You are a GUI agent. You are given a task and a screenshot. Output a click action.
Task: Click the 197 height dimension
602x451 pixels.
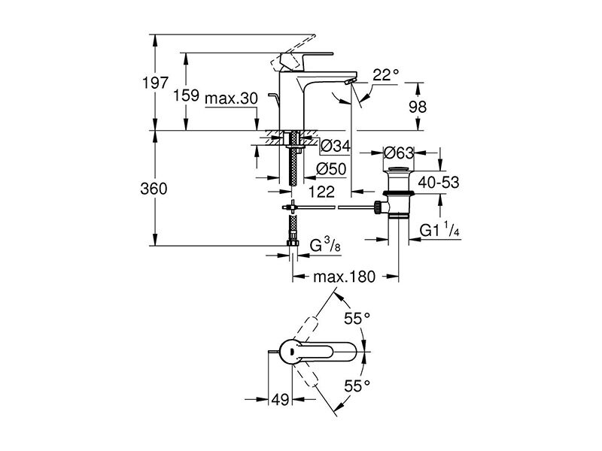(156, 83)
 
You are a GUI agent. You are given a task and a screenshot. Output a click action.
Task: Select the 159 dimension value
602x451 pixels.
(186, 95)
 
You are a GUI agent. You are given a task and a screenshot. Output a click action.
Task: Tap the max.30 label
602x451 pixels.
(232, 99)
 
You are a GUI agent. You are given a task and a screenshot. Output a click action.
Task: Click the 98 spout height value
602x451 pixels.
(418, 107)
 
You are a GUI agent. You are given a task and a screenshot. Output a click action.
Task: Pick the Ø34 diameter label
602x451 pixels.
(336, 146)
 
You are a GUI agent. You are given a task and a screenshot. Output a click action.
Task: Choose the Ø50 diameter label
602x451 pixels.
(331, 169)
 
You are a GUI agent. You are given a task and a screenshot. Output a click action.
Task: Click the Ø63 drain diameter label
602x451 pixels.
(400, 153)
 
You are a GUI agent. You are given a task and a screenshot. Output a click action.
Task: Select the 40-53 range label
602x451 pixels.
(439, 183)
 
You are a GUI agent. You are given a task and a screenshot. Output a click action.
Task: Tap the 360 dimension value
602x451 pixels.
(154, 189)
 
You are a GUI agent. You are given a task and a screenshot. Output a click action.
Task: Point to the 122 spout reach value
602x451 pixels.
(321, 192)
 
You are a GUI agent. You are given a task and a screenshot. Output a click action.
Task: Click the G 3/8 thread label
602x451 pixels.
(325, 245)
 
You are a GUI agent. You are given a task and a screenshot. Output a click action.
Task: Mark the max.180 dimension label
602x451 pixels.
(344, 277)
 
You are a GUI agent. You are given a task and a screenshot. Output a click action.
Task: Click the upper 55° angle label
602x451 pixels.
(357, 318)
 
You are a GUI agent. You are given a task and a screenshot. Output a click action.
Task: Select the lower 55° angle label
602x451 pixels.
(357, 386)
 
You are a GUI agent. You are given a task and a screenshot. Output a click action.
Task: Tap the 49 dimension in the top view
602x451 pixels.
(280, 400)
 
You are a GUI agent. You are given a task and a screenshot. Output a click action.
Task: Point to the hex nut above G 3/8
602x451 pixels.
(293, 243)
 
